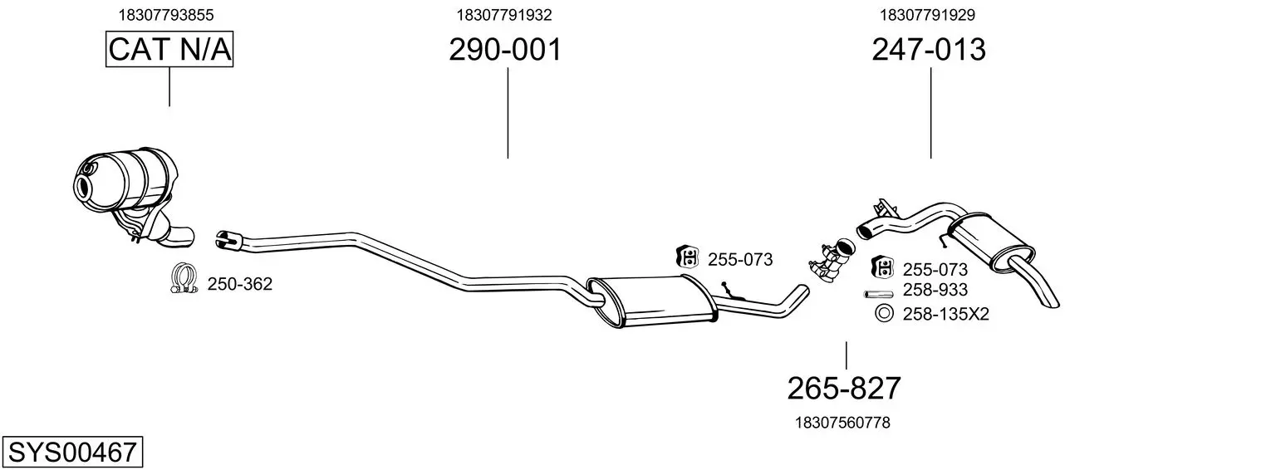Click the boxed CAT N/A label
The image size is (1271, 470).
(x=169, y=49)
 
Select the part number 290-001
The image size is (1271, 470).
(x=505, y=49)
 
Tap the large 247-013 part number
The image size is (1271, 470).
(x=929, y=49)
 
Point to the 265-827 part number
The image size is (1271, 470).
(x=844, y=389)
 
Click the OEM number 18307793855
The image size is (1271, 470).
(x=165, y=15)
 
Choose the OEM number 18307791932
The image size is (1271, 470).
(x=504, y=15)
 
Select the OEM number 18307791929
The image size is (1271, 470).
(x=927, y=15)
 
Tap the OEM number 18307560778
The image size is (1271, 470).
(x=842, y=423)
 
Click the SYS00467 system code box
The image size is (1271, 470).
(x=72, y=453)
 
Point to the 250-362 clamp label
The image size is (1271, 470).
(x=239, y=284)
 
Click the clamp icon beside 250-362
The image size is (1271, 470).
(x=184, y=279)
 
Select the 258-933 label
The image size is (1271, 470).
(x=935, y=290)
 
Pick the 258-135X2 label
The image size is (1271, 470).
(x=945, y=314)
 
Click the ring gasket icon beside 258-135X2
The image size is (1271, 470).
(x=883, y=313)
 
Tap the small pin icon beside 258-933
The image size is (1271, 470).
(x=878, y=294)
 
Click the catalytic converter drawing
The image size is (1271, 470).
(x=134, y=198)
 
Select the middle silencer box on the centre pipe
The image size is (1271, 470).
(x=652, y=301)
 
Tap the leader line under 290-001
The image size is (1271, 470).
(x=508, y=113)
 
